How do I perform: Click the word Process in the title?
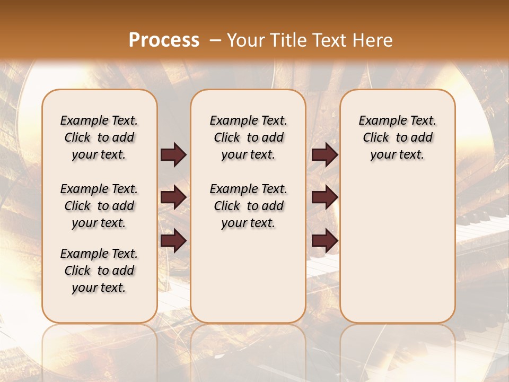(164, 40)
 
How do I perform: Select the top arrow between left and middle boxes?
(173, 154)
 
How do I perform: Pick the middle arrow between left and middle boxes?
(173, 197)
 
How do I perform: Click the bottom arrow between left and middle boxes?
(173, 241)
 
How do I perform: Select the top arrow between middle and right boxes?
(324, 154)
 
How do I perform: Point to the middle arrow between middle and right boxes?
(324, 197)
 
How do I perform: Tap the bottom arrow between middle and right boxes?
(324, 241)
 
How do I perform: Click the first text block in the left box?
(99, 137)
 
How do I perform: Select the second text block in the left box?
(99, 206)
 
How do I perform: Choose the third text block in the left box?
(99, 271)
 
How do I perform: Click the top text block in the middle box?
(248, 137)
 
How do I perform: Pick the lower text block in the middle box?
(248, 206)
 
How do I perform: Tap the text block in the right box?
(397, 137)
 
